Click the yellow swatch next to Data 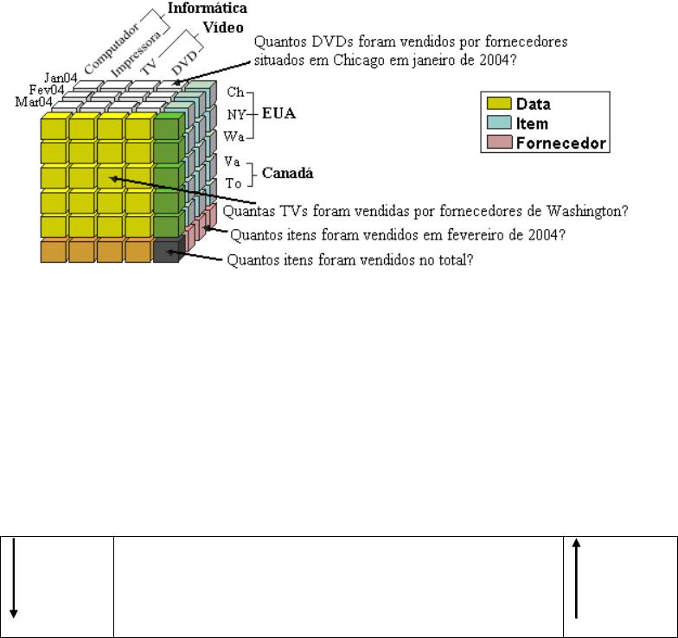pyautogui.click(x=498, y=104)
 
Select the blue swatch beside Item pyautogui.click(x=498, y=124)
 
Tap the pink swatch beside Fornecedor pyautogui.click(x=498, y=144)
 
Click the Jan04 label pyautogui.click(x=62, y=79)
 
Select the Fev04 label pyautogui.click(x=46, y=90)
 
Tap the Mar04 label pyautogui.click(x=34, y=102)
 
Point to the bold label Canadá pyautogui.click(x=288, y=173)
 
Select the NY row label pyautogui.click(x=234, y=114)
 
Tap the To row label pyautogui.click(x=233, y=184)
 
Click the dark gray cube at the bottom pyautogui.click(x=168, y=252)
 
